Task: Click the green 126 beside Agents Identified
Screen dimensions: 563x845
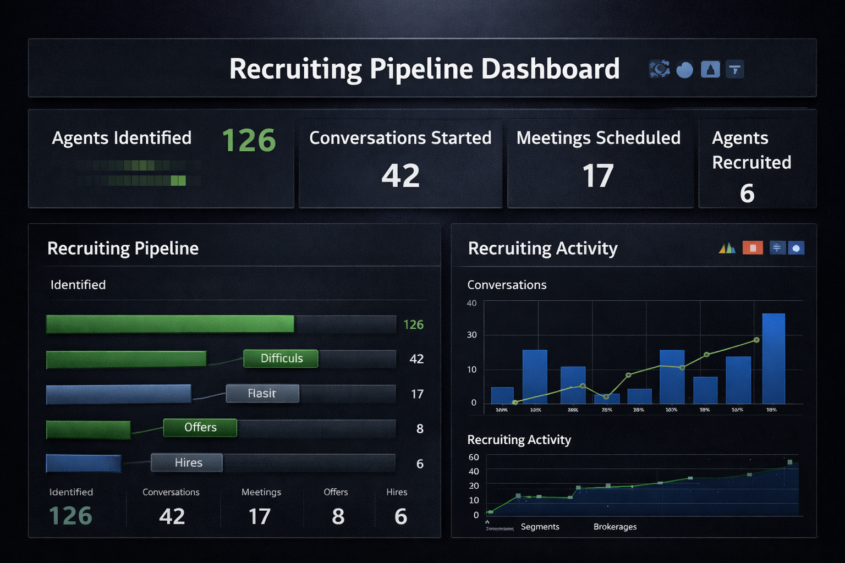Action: pos(249,140)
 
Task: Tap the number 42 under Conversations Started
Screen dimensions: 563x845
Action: pos(400,176)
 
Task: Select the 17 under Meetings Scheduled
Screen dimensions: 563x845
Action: pos(598,176)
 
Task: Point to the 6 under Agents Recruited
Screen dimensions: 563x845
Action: pos(747,193)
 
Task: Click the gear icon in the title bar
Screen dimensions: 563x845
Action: pos(659,69)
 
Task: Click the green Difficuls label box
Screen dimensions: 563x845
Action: pos(281,358)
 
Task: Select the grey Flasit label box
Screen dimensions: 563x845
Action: pos(262,394)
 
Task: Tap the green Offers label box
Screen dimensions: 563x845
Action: pos(200,428)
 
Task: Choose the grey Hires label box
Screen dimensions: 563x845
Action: pos(187,463)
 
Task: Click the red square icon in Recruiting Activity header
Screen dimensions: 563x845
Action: pos(752,248)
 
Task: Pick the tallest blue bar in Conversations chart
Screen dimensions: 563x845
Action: pos(773,358)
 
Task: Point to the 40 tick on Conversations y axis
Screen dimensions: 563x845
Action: pos(471,303)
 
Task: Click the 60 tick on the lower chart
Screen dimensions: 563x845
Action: pos(474,457)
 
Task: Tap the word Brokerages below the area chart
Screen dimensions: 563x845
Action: pos(615,527)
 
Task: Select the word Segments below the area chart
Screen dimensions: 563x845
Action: pos(540,527)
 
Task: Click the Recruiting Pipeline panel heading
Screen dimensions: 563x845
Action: pos(123,249)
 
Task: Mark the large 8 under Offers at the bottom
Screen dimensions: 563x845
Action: pos(338,516)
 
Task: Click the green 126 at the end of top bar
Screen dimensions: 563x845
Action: pos(413,325)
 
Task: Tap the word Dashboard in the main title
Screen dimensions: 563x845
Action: pos(550,69)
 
